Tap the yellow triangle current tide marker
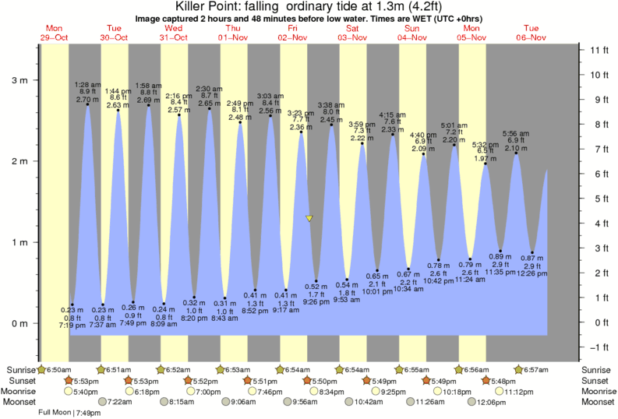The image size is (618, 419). click(309, 219)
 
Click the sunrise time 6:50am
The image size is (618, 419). click(55, 368)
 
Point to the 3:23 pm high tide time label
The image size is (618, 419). click(301, 112)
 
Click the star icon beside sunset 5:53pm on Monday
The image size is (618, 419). click(69, 380)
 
